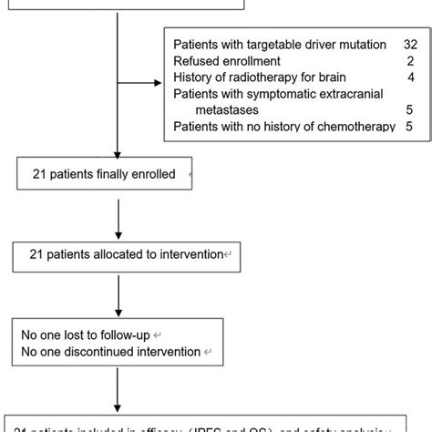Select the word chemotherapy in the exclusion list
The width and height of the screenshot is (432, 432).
(345, 127)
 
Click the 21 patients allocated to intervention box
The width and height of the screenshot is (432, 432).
(128, 254)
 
